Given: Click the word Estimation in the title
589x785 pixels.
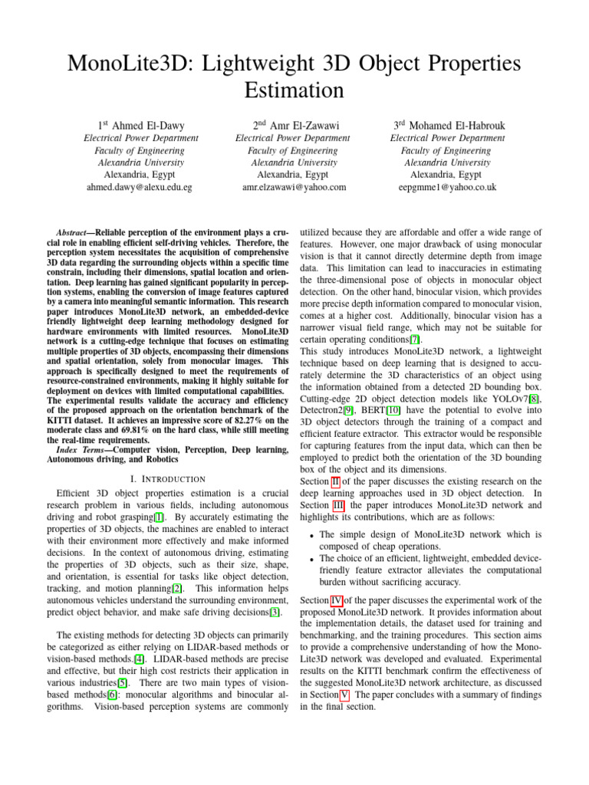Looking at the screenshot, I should click(x=294, y=90).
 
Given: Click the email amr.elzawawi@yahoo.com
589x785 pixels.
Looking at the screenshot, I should click(x=294, y=186).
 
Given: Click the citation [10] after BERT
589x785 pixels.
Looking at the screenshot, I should click(x=393, y=410).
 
